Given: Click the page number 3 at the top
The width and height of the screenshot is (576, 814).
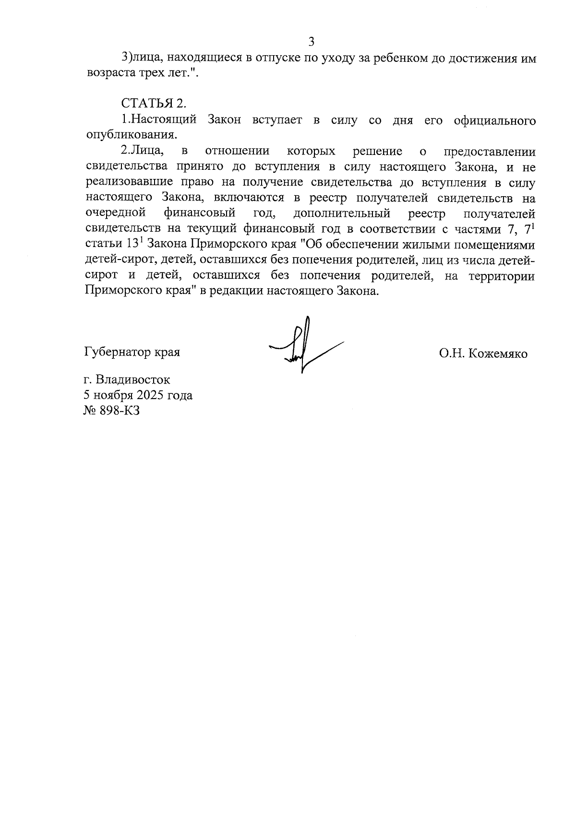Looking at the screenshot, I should [311, 42].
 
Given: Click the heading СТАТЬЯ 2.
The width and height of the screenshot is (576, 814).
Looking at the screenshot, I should [153, 104].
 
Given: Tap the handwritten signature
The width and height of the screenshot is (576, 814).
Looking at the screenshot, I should [302, 345].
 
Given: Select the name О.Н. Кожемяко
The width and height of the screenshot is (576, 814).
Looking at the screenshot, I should [482, 354].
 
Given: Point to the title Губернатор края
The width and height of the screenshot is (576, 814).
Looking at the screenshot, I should [132, 352].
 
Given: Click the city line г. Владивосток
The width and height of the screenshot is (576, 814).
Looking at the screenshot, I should [127, 379].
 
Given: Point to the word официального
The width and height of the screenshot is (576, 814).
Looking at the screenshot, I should [494, 120].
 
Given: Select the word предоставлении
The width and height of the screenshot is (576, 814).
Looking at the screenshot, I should [490, 152].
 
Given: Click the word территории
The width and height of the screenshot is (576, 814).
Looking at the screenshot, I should [502, 276].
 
